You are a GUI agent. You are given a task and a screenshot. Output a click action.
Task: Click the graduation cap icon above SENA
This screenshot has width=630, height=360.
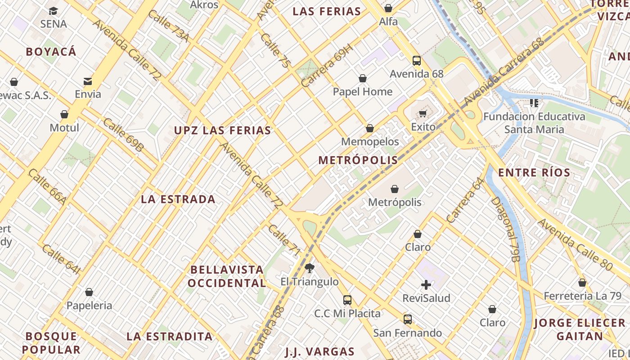pos(54,11)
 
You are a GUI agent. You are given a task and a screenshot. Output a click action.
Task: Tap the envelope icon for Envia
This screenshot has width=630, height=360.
pos(88,81)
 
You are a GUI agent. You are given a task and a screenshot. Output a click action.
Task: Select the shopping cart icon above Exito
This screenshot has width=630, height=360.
pos(423,113)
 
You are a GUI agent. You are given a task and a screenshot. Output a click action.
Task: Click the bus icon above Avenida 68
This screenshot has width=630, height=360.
pos(417,61)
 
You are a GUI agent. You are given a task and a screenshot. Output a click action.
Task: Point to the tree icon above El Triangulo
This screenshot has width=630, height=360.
pos(309,269)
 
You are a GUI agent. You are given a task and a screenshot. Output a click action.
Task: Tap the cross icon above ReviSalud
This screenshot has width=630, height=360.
pos(426,285)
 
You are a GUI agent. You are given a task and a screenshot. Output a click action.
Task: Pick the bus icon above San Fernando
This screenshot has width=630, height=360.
pos(407,319)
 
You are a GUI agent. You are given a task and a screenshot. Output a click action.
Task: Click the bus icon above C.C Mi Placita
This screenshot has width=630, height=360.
pos(347,300)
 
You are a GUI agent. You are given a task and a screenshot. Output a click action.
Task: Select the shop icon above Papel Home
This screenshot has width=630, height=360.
pos(362,79)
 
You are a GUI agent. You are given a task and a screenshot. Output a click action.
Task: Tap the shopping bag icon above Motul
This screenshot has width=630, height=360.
pos(64,114)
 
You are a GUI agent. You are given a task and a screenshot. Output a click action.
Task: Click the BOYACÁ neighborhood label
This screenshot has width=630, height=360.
pos(51,52)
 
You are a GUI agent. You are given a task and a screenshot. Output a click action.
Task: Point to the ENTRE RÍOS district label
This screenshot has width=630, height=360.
pos(534,172)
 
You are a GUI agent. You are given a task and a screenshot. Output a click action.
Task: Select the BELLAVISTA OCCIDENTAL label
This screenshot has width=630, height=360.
pos(227,276)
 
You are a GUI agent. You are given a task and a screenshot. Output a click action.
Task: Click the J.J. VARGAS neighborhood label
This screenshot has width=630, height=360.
pos(319,351)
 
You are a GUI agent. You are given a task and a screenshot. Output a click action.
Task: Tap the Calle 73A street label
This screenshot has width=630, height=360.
pos(168,27)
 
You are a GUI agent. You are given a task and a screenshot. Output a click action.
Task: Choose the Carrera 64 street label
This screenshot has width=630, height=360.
pos(465,200)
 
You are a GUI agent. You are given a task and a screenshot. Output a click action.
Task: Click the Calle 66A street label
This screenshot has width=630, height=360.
pos(47,187)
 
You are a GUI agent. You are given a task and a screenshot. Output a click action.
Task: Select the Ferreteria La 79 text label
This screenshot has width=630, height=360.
pos(582,296)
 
